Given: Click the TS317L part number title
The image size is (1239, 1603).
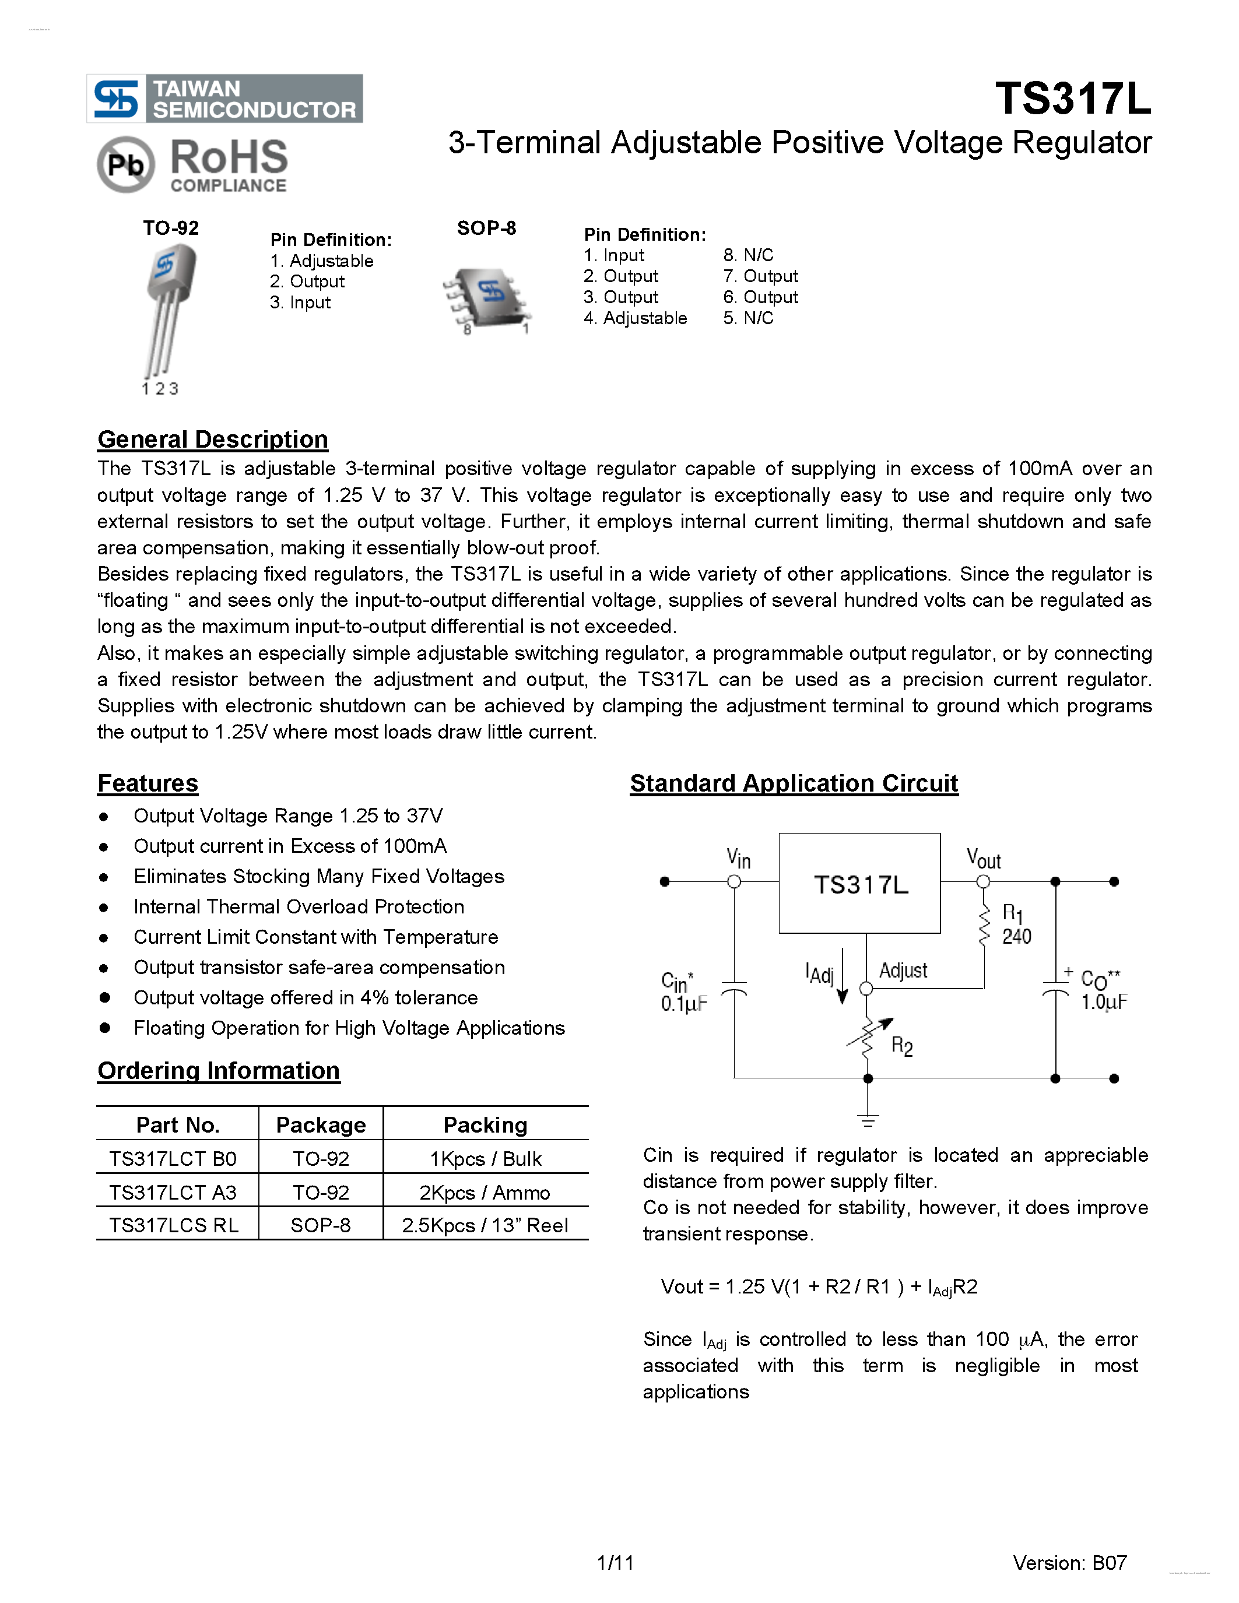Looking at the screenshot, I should (1072, 99).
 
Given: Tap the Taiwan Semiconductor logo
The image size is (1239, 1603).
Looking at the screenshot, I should (224, 99).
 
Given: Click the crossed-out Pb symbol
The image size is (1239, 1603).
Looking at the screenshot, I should (125, 165).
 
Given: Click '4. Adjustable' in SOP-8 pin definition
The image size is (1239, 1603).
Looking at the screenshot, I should (636, 318).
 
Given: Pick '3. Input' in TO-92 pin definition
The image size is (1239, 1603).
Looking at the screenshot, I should (300, 303).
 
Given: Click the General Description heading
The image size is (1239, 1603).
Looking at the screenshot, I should (213, 439).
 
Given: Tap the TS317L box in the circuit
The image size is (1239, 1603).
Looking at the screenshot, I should (859, 883).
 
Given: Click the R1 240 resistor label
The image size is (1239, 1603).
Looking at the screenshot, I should (1016, 925).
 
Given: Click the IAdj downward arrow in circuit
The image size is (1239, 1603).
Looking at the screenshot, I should (843, 976).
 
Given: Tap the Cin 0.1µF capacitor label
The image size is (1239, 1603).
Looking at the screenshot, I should (683, 992).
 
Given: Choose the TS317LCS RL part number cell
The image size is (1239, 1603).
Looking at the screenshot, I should (174, 1225).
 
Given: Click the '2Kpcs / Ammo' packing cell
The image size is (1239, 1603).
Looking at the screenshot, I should (485, 1192).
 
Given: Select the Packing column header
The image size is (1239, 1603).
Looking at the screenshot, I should (485, 1124).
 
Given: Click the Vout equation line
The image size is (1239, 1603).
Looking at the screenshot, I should (819, 1286).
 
